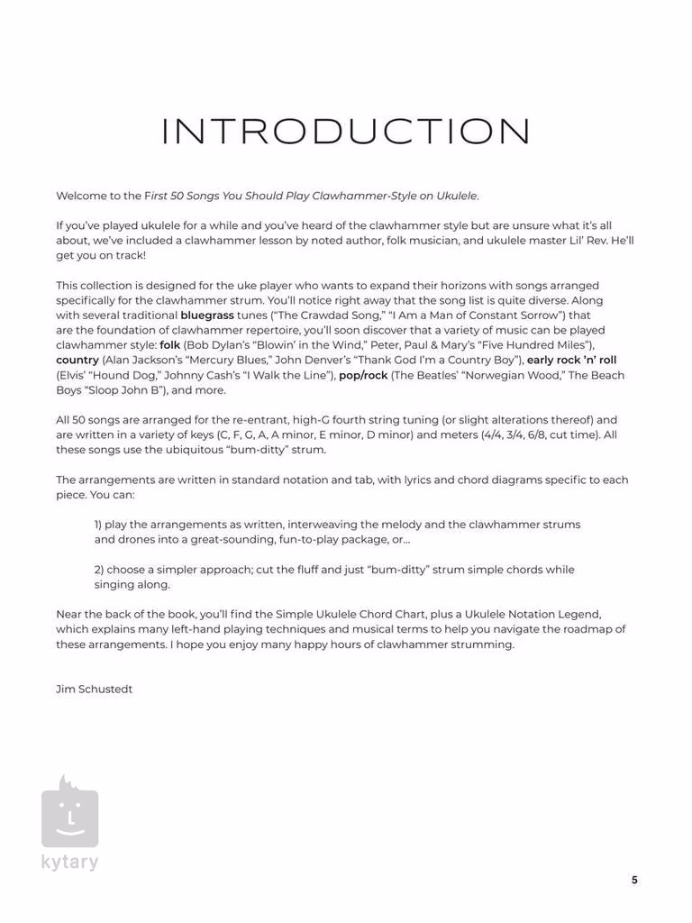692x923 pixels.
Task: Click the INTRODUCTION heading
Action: tap(346, 132)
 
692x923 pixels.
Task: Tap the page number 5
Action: tap(634, 881)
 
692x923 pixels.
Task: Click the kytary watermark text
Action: tap(69, 862)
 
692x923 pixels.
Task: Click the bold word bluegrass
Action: tap(207, 315)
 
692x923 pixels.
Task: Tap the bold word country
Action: tap(77, 360)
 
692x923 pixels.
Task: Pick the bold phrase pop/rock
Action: tap(363, 375)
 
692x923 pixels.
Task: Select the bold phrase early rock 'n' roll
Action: tap(572, 360)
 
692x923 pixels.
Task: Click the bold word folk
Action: tap(170, 345)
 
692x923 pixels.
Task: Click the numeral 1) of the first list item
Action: tap(98, 525)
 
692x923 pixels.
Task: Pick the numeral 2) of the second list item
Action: tap(99, 570)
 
